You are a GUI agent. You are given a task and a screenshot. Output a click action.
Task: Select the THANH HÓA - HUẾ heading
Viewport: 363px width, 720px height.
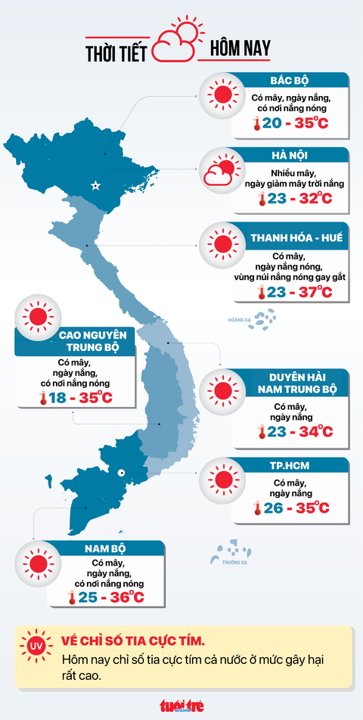tap(296, 238)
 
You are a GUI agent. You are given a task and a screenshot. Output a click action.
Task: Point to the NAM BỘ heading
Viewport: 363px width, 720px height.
tap(105, 548)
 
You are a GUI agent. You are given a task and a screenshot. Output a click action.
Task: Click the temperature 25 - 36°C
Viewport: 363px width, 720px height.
tap(105, 597)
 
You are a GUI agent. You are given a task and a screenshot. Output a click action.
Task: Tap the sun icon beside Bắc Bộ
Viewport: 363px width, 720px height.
tap(222, 95)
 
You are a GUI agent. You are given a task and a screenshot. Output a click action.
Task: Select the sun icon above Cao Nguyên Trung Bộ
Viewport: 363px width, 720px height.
tap(37, 318)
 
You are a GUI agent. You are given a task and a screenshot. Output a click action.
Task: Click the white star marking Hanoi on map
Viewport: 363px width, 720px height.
tap(95, 185)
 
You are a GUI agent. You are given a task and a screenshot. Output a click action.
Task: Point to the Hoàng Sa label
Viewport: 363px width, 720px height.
tap(239, 319)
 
